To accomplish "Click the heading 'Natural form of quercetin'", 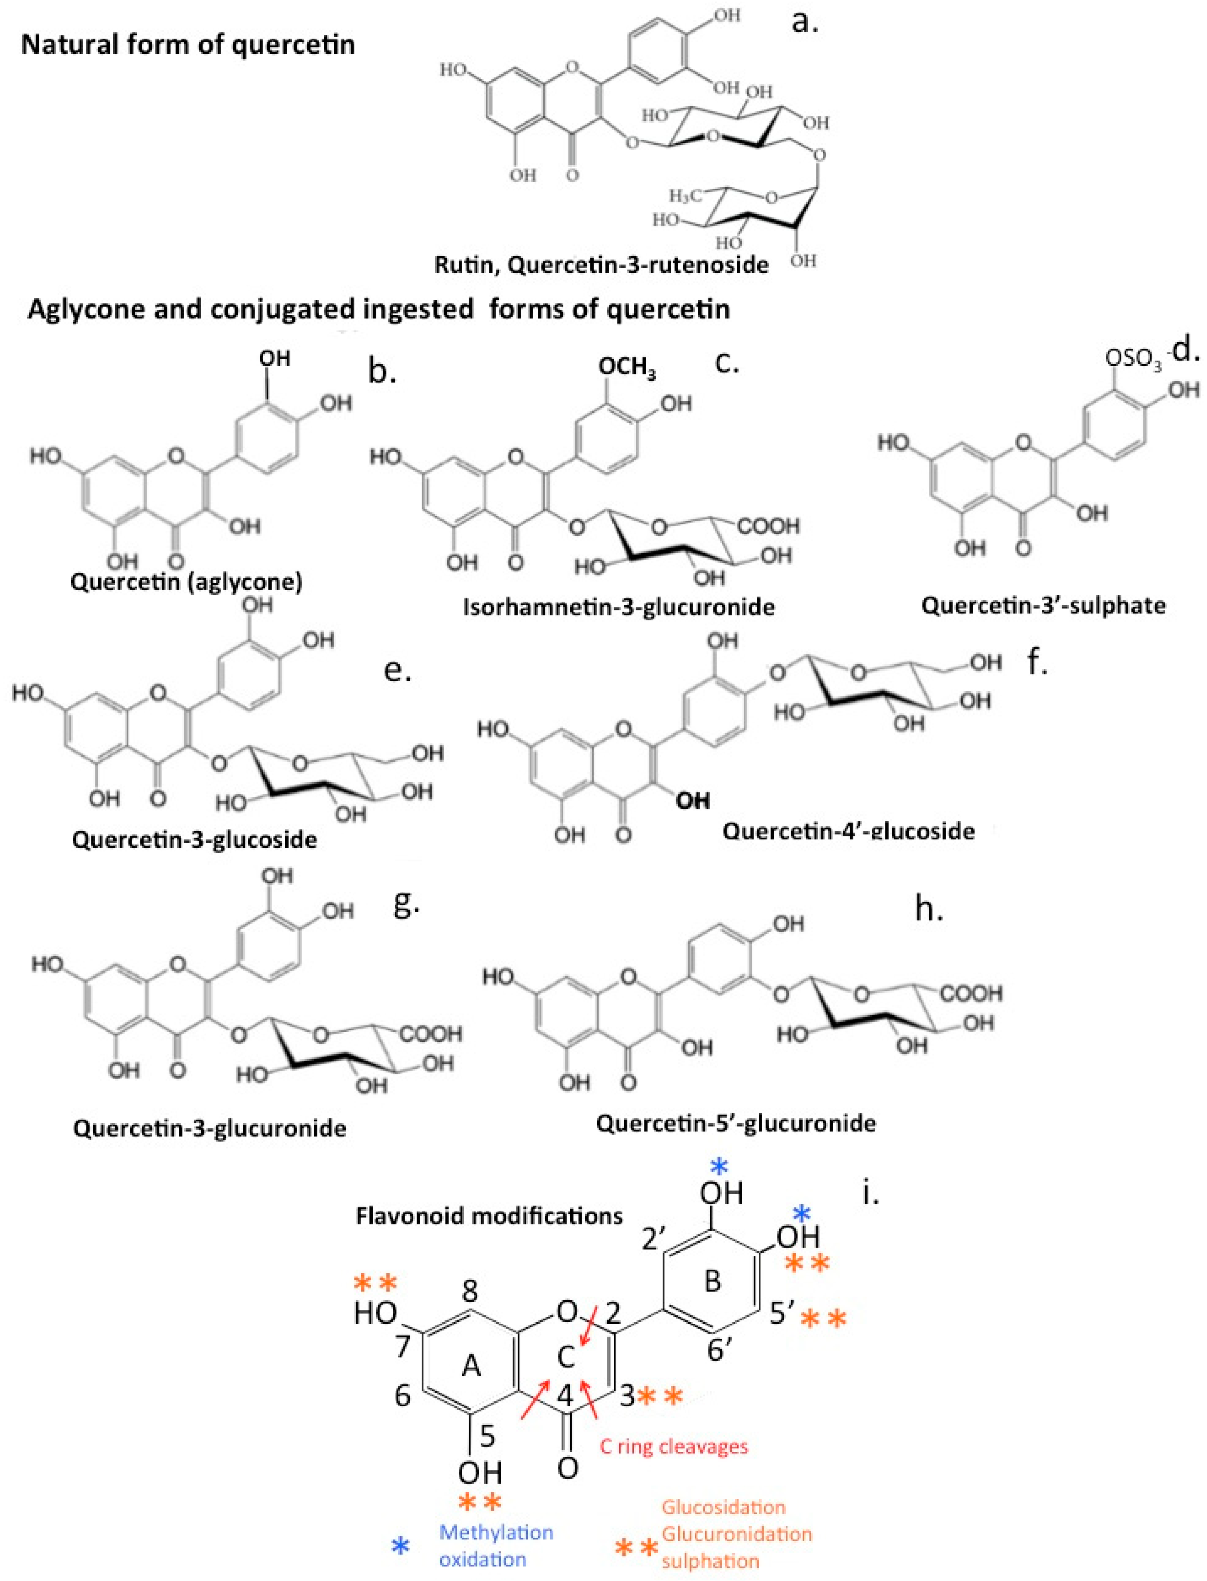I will [x=188, y=45].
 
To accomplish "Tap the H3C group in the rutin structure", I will [x=687, y=196].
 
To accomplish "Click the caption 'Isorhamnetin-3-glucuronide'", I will [x=619, y=607].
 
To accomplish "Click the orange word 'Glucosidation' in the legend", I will [x=724, y=1507].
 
